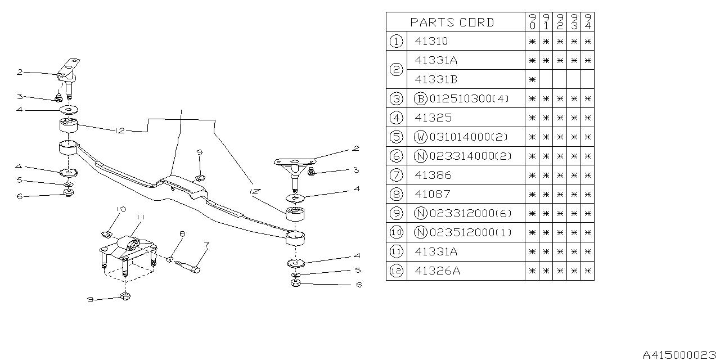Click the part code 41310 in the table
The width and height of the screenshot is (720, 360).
click(431, 41)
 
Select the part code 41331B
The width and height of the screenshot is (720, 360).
click(436, 79)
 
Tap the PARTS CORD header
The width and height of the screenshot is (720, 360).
click(452, 22)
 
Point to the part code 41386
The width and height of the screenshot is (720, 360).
click(432, 175)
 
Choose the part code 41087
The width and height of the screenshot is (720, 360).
click(432, 194)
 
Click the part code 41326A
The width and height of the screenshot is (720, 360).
click(437, 271)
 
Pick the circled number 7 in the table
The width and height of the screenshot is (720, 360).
click(396, 175)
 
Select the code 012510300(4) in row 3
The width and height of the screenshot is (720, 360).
click(469, 98)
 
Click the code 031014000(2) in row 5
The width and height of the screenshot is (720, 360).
click(469, 137)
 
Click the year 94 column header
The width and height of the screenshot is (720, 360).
click(587, 22)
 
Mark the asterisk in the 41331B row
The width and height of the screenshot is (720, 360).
click(532, 79)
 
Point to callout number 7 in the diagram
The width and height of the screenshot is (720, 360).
click(206, 245)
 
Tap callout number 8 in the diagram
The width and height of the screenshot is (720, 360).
click(182, 233)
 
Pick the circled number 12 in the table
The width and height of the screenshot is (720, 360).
click(396, 271)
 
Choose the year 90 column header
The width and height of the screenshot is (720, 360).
click(532, 22)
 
